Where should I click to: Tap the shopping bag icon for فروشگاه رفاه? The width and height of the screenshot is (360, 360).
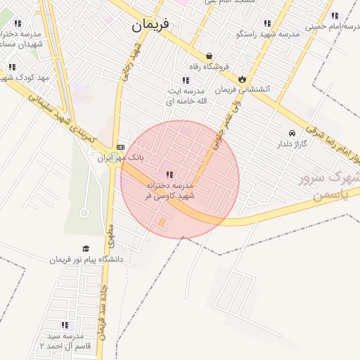coord(209,56)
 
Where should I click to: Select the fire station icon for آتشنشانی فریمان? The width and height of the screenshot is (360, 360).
coord(243,79)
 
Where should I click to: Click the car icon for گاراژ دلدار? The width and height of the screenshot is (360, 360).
coord(292,132)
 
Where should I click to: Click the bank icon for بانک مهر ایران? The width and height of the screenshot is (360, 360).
coord(121,147)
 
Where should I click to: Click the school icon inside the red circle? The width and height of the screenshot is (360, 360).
coord(169,174)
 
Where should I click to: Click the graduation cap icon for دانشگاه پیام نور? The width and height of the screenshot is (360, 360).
coord(86,248)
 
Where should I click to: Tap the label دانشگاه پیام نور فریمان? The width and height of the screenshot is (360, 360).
coord(86,259)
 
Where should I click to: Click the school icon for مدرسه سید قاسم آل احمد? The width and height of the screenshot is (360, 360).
coord(65,325)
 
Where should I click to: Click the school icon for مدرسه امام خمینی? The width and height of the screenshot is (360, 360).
coord(335,15)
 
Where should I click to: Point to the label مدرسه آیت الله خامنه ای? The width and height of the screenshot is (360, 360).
coord(186,96)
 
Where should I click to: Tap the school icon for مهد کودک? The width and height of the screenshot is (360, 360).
coord(11,67)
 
